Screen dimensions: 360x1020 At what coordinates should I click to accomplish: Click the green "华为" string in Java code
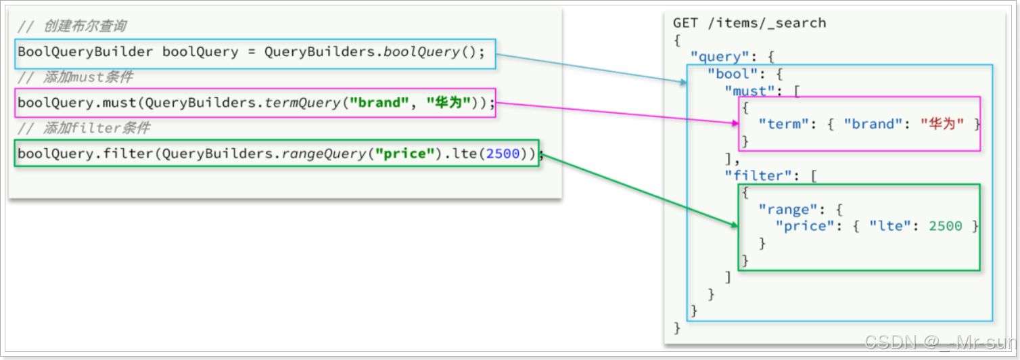pyautogui.click(x=448, y=103)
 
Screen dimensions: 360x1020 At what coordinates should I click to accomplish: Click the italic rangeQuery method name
pyautogui.click(x=324, y=154)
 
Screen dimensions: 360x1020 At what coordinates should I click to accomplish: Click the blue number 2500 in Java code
pyautogui.click(x=503, y=154)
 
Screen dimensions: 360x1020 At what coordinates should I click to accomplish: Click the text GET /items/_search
pyautogui.click(x=749, y=23)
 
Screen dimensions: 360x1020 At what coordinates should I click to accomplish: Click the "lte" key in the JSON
pyautogui.click(x=887, y=226)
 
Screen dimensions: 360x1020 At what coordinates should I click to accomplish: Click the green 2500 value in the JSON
pyautogui.click(x=946, y=226)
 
